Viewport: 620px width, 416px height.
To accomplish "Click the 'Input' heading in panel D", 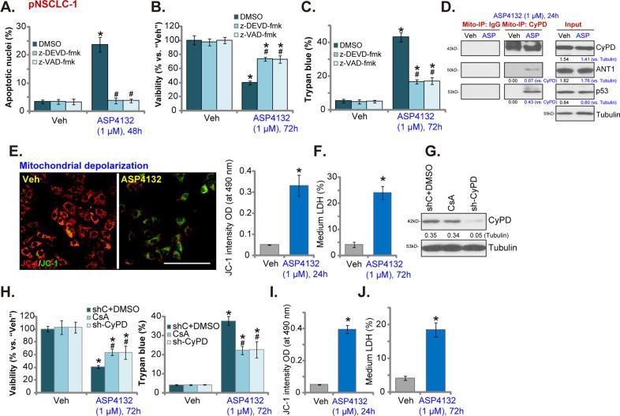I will coord(567,24).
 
